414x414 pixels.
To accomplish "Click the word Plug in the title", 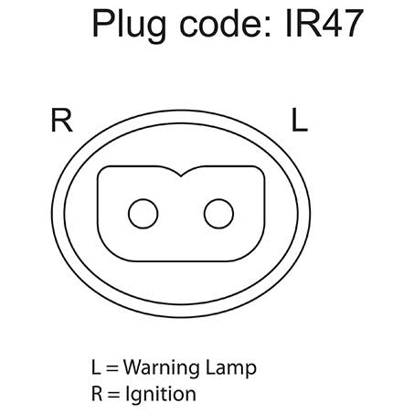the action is (129, 26).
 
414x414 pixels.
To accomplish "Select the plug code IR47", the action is (324, 23).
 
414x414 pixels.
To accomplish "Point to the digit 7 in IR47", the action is (354, 24).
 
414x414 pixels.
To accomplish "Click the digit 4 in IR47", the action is (332, 24).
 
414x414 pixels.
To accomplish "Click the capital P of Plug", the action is (103, 23).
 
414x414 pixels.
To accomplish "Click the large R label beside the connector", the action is (61, 120).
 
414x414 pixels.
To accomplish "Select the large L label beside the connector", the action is (300, 120).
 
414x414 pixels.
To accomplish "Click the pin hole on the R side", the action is (143, 214).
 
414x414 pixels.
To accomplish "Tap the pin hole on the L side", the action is (218, 214).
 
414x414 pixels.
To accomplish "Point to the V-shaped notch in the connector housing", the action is (181, 175).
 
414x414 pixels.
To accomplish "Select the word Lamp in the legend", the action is (231, 368).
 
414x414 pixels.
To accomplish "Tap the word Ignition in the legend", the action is (161, 395).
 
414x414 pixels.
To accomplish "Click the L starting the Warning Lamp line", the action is (96, 367).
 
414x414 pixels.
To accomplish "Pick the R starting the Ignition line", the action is (97, 393).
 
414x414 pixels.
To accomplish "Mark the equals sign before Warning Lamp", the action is (112, 368).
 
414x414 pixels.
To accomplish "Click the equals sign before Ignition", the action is (113, 395).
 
